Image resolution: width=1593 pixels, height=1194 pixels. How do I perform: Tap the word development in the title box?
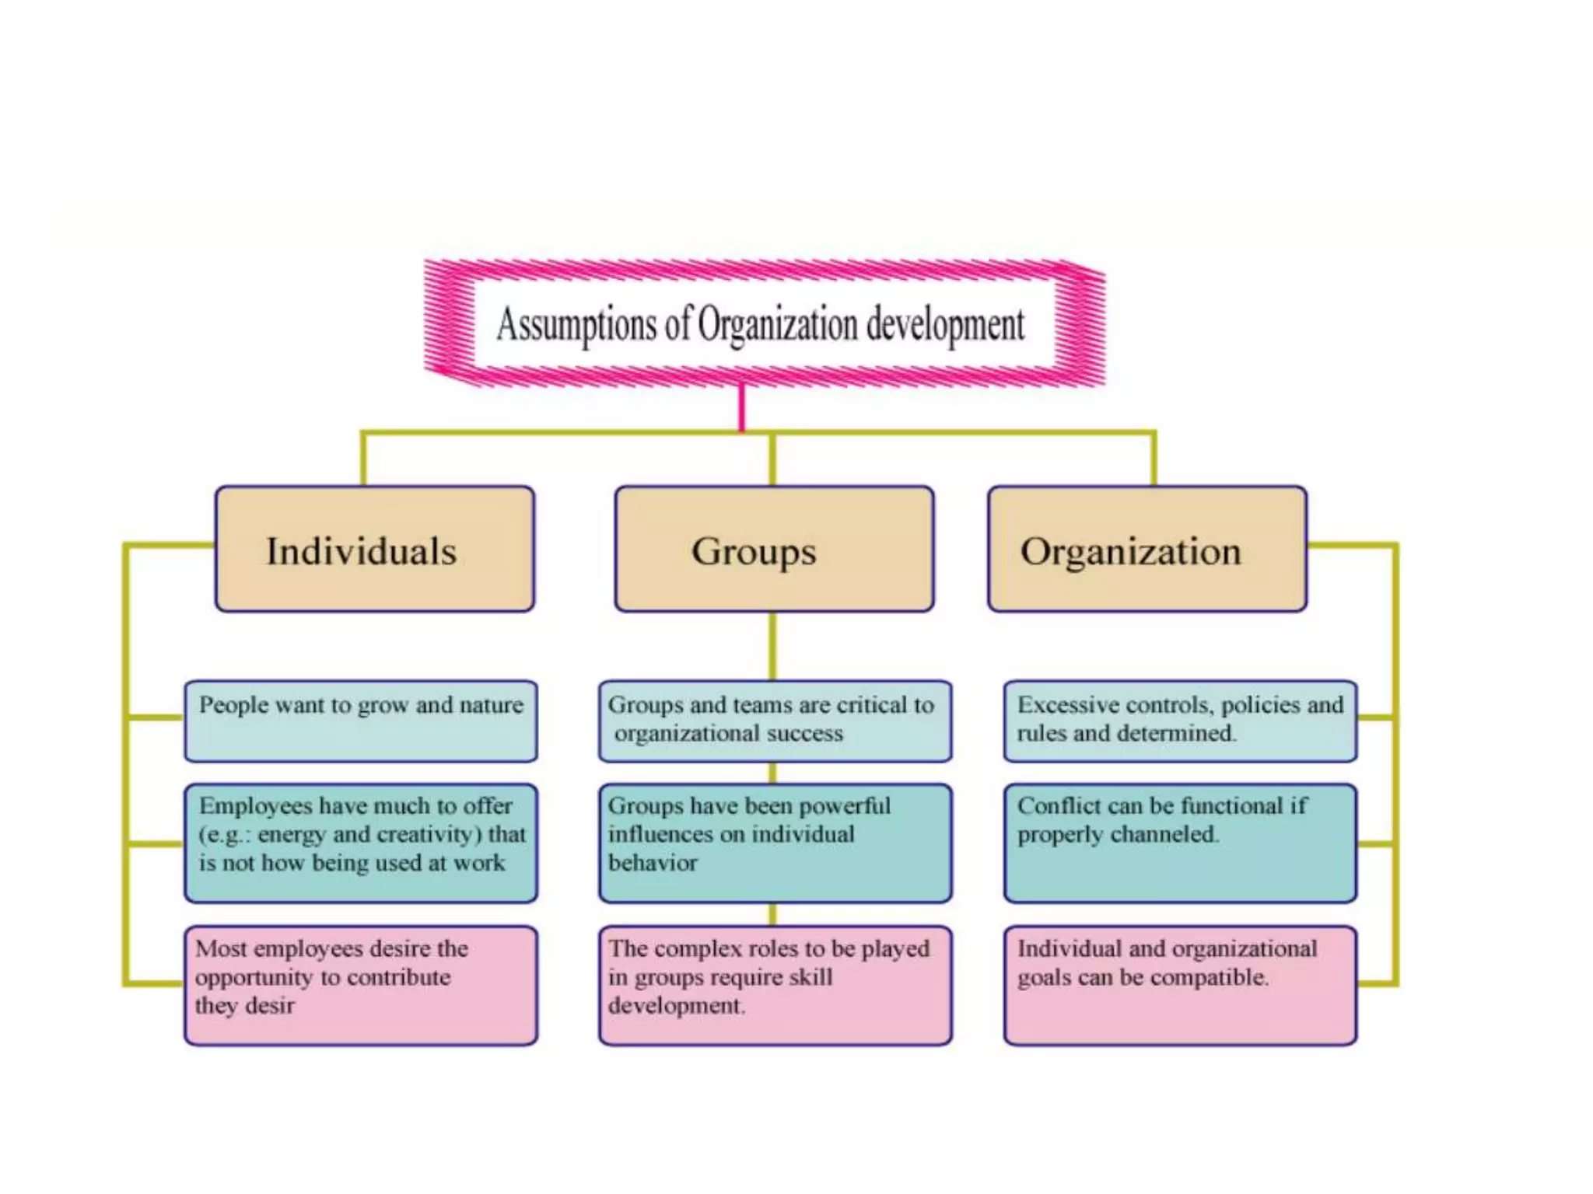pyautogui.click(x=945, y=325)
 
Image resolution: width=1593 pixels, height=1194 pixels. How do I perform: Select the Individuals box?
pyautogui.click(x=375, y=550)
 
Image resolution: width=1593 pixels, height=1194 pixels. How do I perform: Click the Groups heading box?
pyautogui.click(x=774, y=550)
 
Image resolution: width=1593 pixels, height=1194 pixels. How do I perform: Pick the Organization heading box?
pyautogui.click(x=1147, y=550)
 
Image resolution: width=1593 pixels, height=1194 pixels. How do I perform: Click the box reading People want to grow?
pyautogui.click(x=361, y=721)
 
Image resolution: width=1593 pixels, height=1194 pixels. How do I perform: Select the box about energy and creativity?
pyautogui.click(x=361, y=843)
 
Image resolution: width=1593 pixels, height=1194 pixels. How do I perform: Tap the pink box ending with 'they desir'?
pyautogui.click(x=361, y=985)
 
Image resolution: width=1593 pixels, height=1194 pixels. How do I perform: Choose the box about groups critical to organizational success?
pyautogui.click(x=775, y=721)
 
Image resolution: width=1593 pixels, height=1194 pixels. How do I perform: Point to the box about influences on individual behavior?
pyautogui.click(x=775, y=843)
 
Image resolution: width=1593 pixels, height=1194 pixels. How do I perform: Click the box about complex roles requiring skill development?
pyautogui.click(x=775, y=985)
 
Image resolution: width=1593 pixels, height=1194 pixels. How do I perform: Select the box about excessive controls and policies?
pyautogui.click(x=1180, y=721)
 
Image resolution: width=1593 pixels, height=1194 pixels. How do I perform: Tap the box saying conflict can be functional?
pyautogui.click(x=1180, y=843)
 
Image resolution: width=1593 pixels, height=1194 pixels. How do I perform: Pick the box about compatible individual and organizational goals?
pyautogui.click(x=1180, y=985)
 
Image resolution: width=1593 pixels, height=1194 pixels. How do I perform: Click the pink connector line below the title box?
pyautogui.click(x=742, y=406)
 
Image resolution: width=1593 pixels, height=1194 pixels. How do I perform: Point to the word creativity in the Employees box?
pyautogui.click(x=425, y=835)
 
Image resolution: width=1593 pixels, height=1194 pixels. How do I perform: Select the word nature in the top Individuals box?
pyautogui.click(x=491, y=705)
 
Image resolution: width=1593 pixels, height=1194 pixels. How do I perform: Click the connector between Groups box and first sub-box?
pyautogui.click(x=772, y=645)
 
